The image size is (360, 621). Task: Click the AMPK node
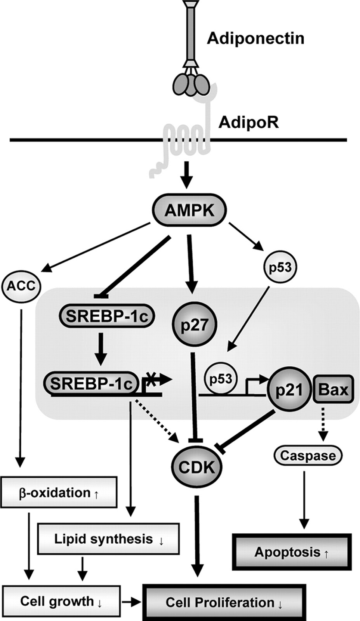click(189, 210)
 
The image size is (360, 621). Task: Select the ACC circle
click(21, 286)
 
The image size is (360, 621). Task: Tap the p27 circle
click(195, 324)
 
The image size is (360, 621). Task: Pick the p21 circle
click(289, 390)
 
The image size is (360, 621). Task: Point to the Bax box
click(333, 389)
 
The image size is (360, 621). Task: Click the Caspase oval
click(308, 455)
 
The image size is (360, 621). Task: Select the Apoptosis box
click(292, 552)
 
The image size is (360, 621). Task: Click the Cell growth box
click(61, 601)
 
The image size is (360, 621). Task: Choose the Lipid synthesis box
click(108, 539)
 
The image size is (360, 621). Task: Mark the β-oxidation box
click(59, 493)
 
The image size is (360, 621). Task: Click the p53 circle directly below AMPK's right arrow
click(280, 267)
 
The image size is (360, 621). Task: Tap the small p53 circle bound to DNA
click(221, 378)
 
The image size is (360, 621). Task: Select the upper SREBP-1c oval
click(106, 316)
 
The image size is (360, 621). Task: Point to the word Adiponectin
click(255, 38)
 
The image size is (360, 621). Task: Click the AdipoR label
click(249, 123)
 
